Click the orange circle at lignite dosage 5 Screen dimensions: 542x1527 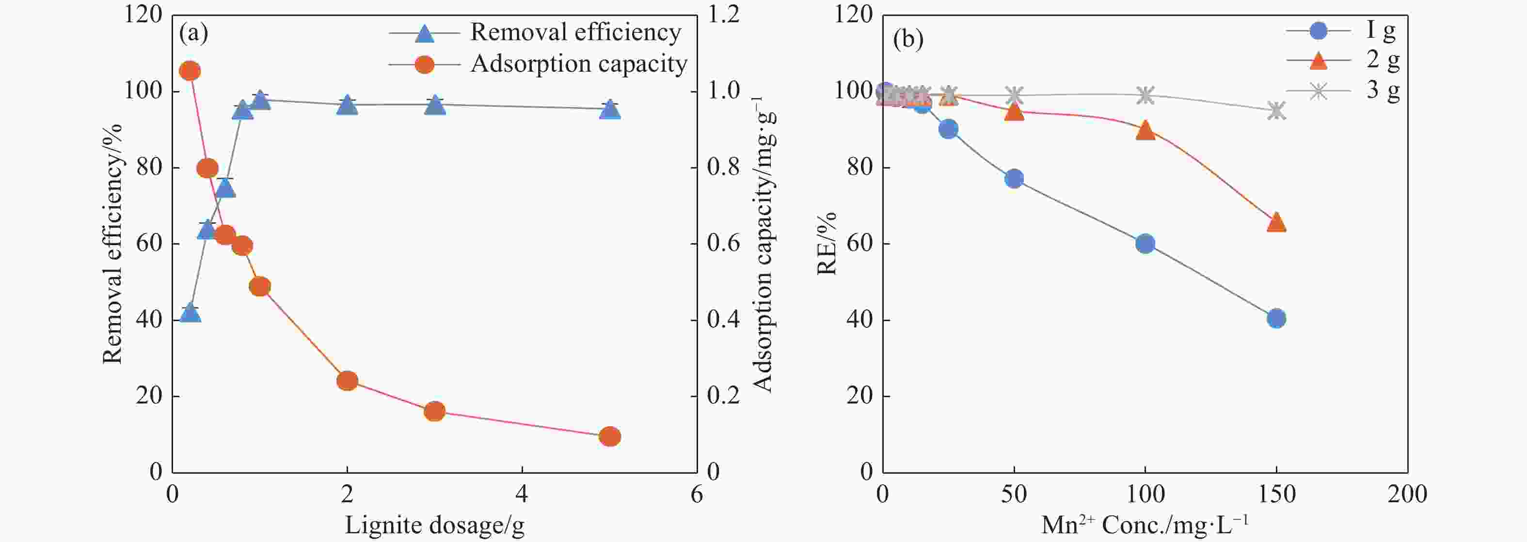(x=609, y=436)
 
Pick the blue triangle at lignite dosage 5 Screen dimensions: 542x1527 (x=609, y=109)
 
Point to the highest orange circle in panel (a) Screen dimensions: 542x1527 (x=190, y=71)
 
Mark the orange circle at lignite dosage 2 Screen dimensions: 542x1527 (x=347, y=380)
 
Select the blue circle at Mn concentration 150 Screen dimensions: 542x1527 (x=1276, y=318)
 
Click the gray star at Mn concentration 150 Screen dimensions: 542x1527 (x=1276, y=110)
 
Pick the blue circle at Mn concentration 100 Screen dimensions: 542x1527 (x=1145, y=244)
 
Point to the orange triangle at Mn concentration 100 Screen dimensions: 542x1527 (x=1145, y=130)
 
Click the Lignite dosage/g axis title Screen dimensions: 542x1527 (x=434, y=526)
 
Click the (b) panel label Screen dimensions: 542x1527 (x=907, y=39)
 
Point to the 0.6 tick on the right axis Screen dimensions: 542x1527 (x=723, y=244)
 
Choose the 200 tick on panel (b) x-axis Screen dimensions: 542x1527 (x=1407, y=494)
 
